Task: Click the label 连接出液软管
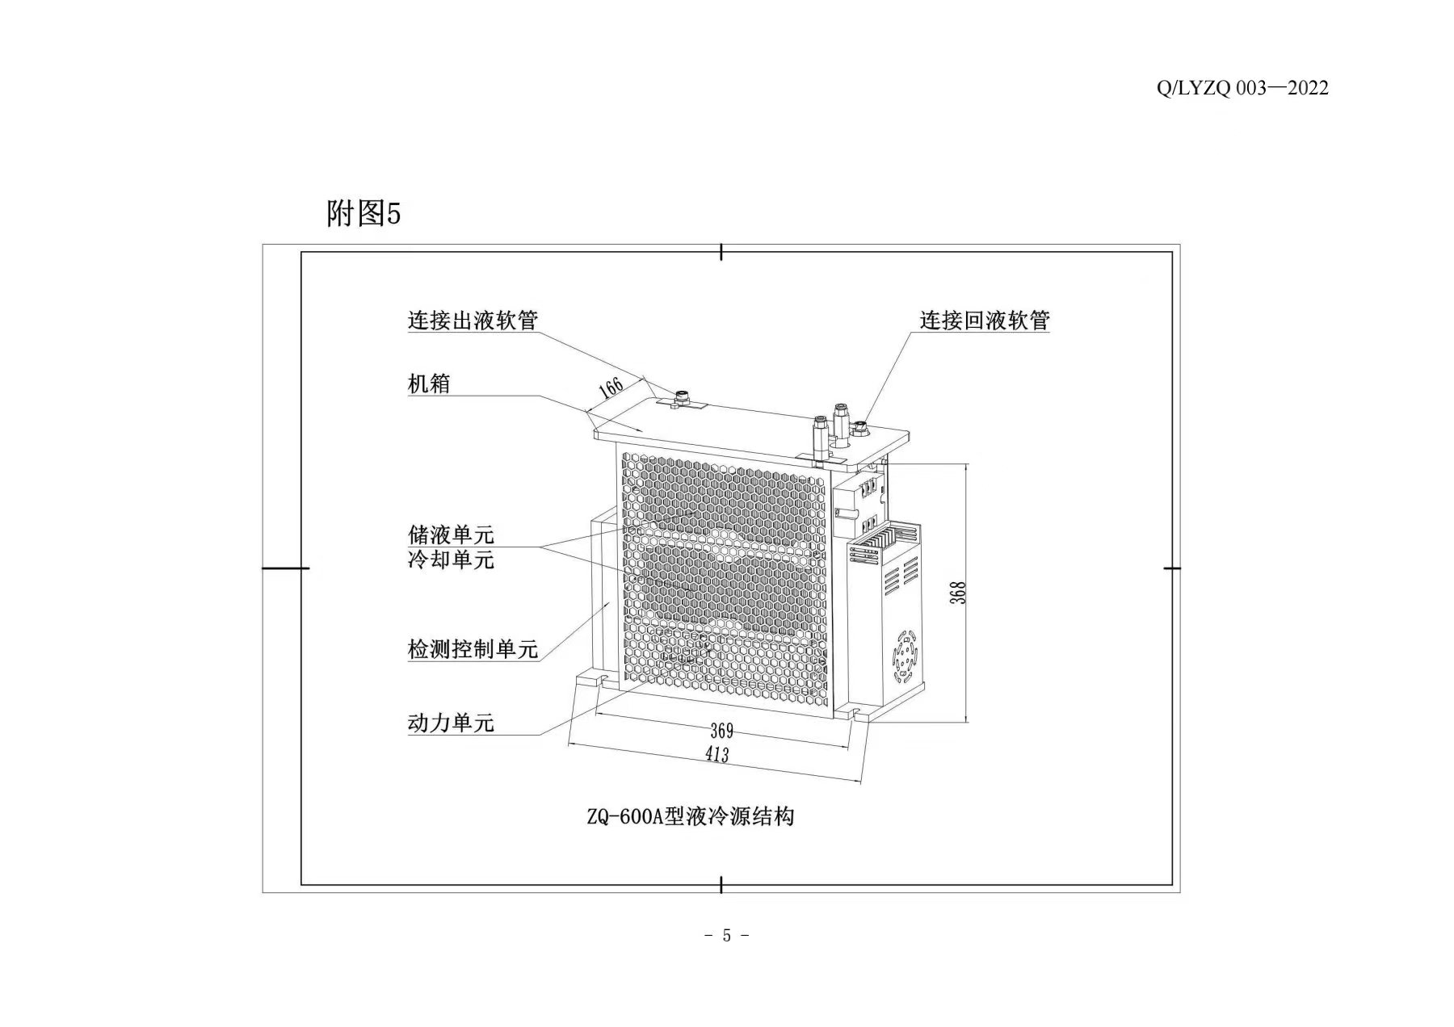point(473,321)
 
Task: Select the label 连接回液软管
point(985,321)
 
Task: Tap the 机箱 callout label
point(429,384)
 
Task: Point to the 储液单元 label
point(451,534)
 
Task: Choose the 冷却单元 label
point(451,560)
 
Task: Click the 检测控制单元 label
point(473,649)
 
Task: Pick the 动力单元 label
point(451,723)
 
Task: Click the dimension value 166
point(611,388)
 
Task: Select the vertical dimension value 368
point(959,593)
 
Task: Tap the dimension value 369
point(721,731)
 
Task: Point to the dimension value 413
point(716,755)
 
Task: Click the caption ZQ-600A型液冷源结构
point(691,817)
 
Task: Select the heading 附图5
point(363,214)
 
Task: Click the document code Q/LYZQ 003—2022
point(1242,89)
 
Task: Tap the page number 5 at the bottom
point(726,936)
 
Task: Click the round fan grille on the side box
point(906,654)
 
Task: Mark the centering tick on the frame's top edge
point(721,252)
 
